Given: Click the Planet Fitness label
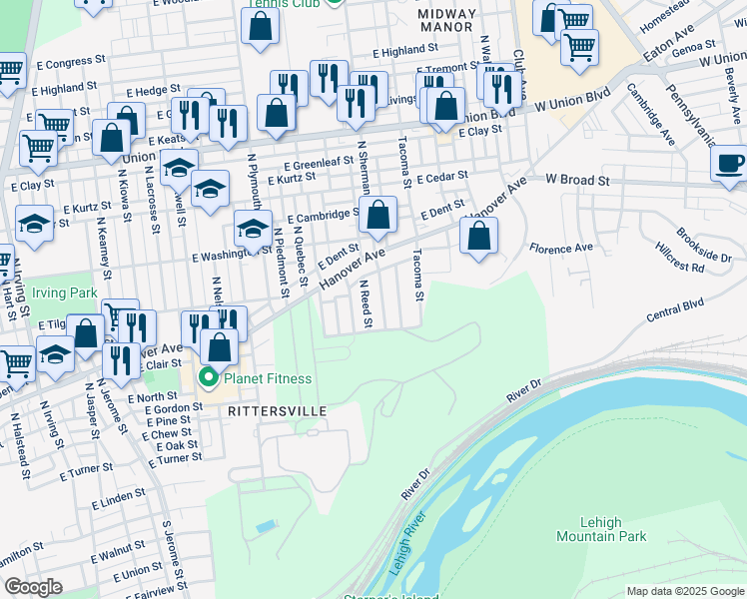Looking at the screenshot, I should [x=268, y=378].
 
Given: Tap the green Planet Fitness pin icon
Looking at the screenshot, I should [x=209, y=378].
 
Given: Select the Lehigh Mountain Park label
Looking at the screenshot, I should [x=602, y=529].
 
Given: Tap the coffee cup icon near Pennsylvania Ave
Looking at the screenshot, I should [x=730, y=163].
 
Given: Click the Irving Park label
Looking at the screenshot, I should [x=62, y=293].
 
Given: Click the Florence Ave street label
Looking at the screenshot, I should [x=560, y=248].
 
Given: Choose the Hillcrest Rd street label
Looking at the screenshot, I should [x=680, y=262].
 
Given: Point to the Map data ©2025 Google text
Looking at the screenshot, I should [x=685, y=591].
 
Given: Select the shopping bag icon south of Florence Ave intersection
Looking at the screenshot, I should [x=479, y=238].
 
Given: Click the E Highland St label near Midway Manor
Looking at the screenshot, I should [x=405, y=50].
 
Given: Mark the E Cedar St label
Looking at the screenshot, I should [x=443, y=177].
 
